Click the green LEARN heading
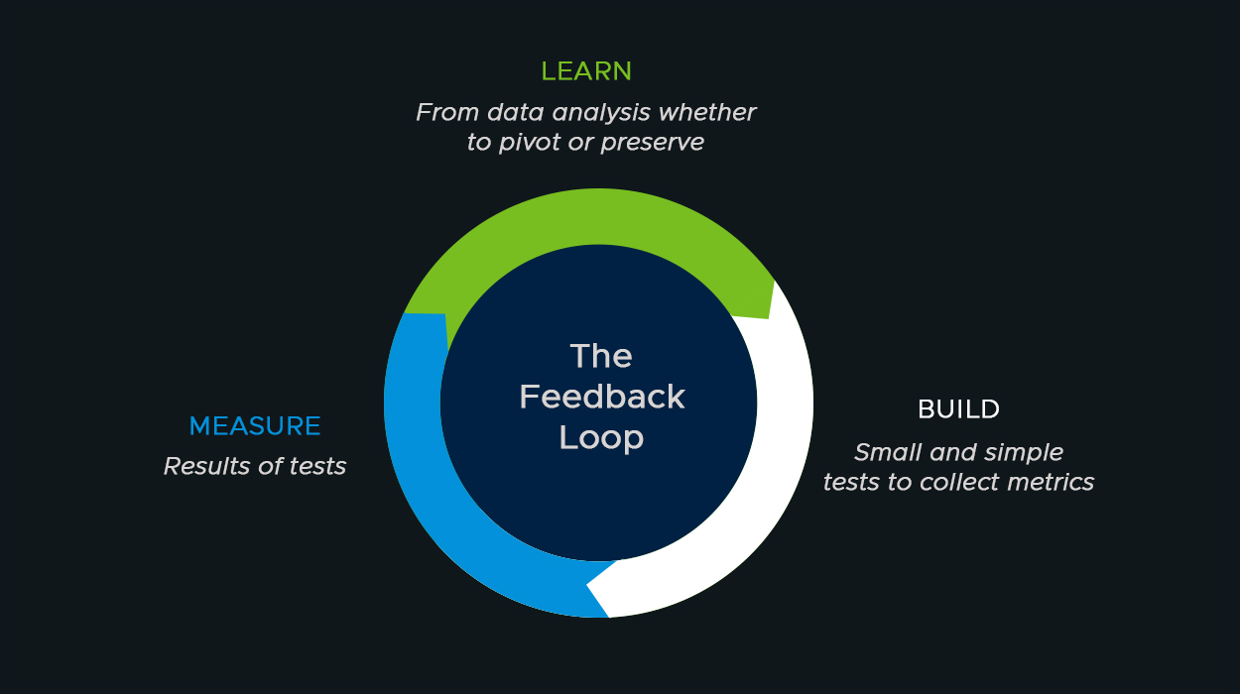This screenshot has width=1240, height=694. point(586,71)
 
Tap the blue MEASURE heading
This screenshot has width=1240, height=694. point(255,426)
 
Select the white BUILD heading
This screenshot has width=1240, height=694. point(958,408)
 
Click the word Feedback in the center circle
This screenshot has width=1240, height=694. point(601,397)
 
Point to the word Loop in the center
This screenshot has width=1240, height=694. point(601,437)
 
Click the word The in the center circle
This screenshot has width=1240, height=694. point(601,355)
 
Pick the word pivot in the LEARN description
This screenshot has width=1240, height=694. point(528,143)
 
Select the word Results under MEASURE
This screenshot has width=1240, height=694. point(204,466)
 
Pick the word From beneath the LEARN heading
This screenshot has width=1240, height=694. point(441,113)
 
